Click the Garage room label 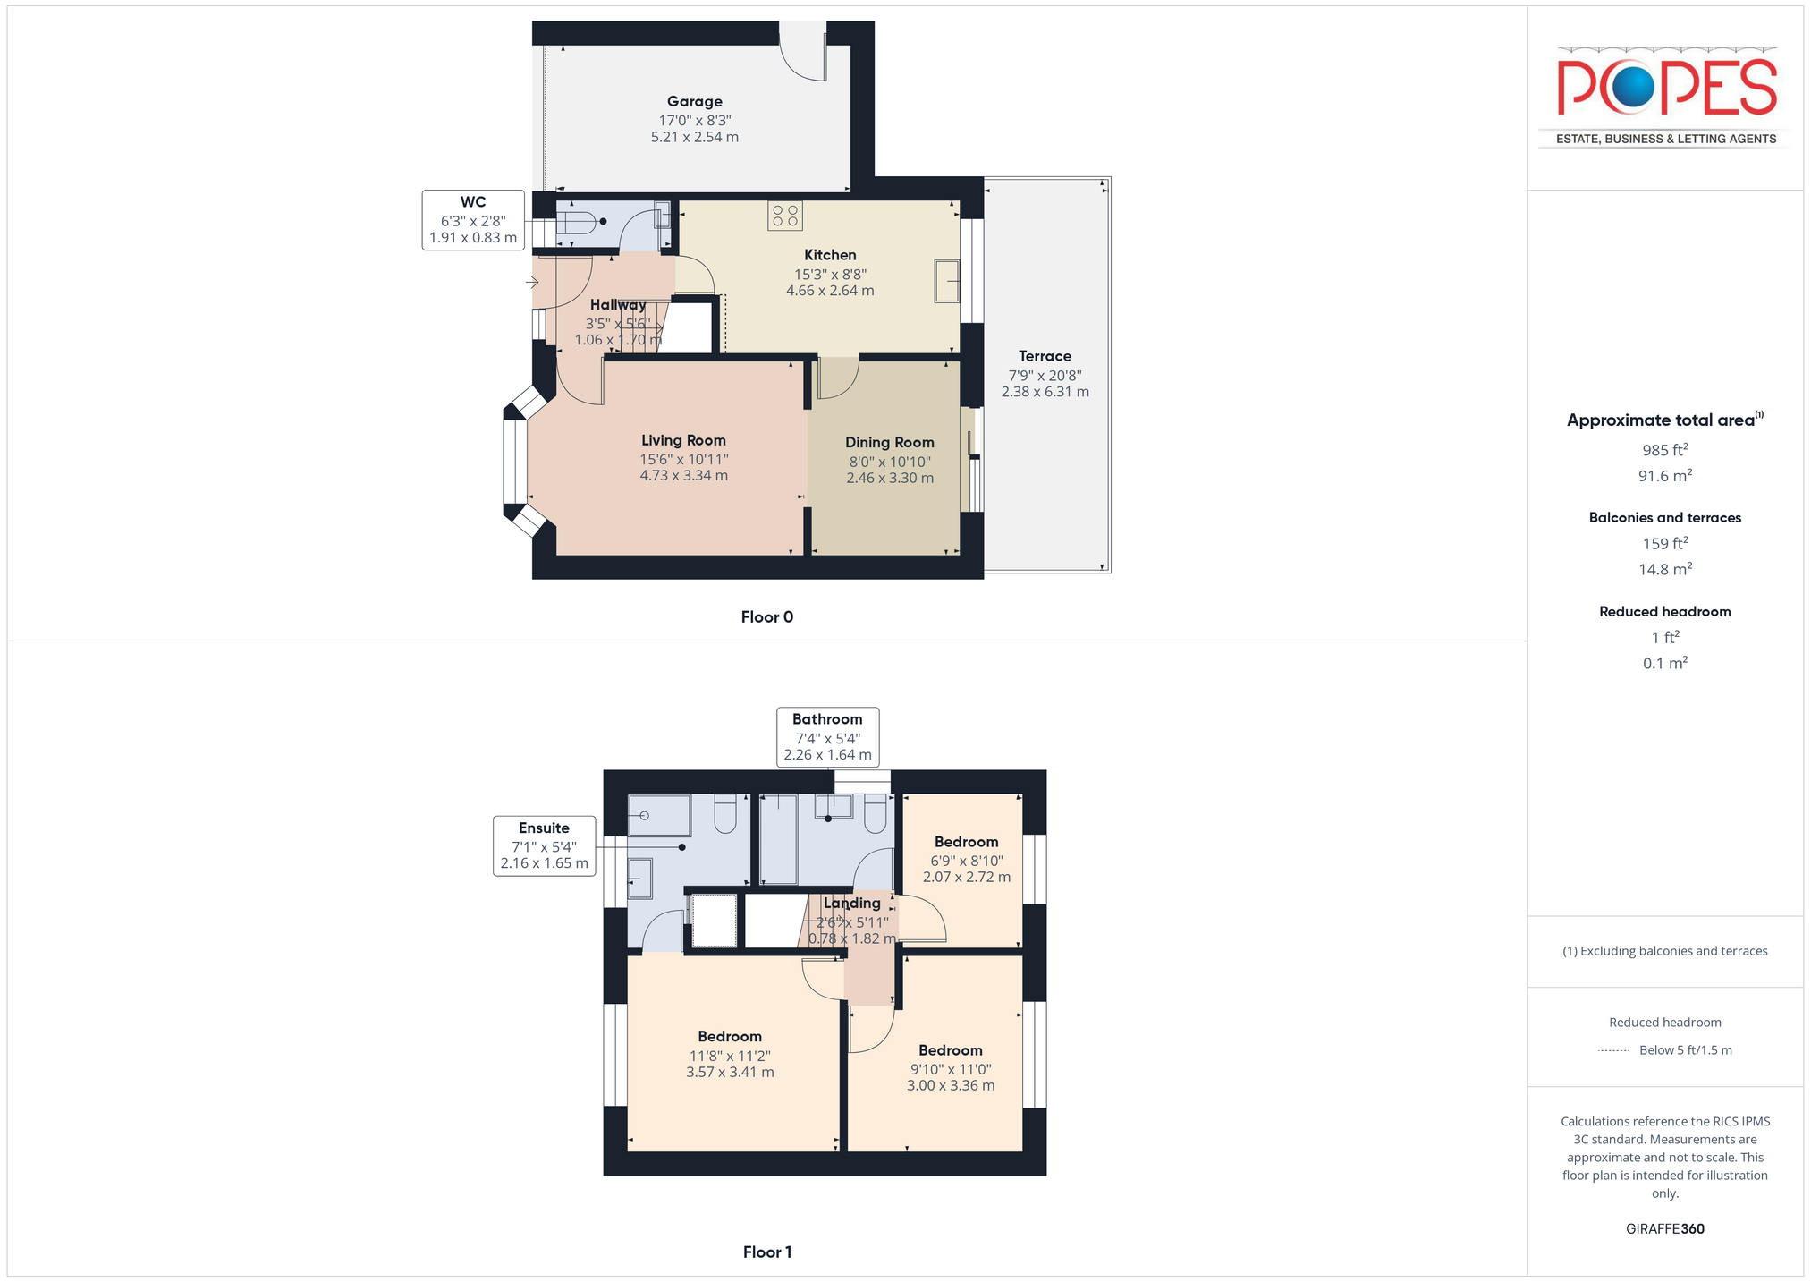[694, 102]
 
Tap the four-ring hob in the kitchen [785, 216]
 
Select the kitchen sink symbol [947, 281]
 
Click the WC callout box [473, 220]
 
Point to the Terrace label [1045, 356]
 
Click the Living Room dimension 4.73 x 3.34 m [683, 476]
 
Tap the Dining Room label [890, 442]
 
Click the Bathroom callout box [827, 737]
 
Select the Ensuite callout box [544, 845]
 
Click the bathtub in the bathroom [778, 838]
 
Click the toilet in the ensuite [725, 813]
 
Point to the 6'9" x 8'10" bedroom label [966, 842]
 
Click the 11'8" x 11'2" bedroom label [730, 1037]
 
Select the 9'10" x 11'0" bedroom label [950, 1050]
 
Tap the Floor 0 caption [767, 617]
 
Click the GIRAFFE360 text [1665, 1229]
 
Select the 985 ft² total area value [1665, 450]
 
